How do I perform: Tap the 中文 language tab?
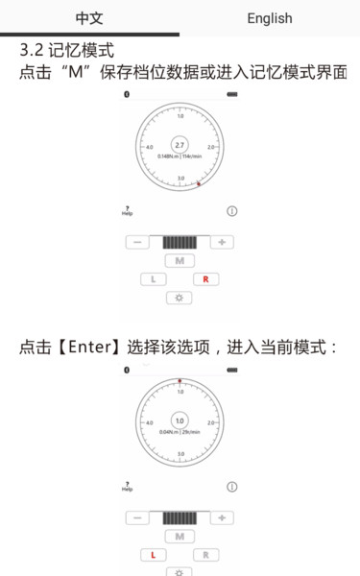pyautogui.click(x=89, y=18)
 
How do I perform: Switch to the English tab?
pyautogui.click(x=270, y=18)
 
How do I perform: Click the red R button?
pyautogui.click(x=205, y=279)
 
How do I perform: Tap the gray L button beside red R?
pyautogui.click(x=153, y=279)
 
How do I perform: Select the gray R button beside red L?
pyautogui.click(x=205, y=555)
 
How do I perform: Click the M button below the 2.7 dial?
pyautogui.click(x=179, y=260)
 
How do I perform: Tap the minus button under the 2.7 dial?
pyautogui.click(x=136, y=242)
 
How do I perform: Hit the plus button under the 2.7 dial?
pyautogui.click(x=222, y=242)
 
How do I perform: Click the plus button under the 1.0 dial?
pyautogui.click(x=222, y=517)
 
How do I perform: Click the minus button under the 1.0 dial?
pyautogui.click(x=136, y=517)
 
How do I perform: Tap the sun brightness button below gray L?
pyautogui.click(x=179, y=298)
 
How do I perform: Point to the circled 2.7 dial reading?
pyautogui.click(x=180, y=144)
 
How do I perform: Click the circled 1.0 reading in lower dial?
pyautogui.click(x=180, y=420)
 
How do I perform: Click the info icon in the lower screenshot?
pyautogui.click(x=231, y=487)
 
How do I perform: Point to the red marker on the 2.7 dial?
pyautogui.click(x=199, y=182)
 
